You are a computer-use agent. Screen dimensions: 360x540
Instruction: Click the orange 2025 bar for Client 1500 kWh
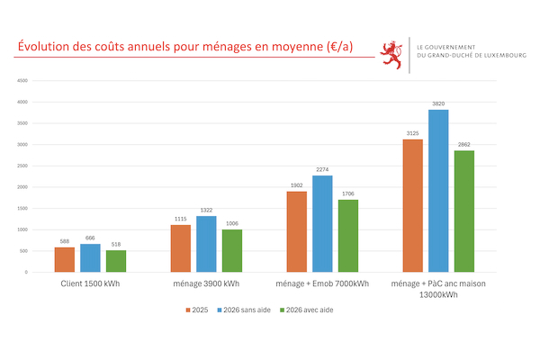point(64,259)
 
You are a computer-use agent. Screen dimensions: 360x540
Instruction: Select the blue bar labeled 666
point(90,257)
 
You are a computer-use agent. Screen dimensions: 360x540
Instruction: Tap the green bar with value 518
point(116,261)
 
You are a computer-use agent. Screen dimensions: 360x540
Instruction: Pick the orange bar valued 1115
point(180,248)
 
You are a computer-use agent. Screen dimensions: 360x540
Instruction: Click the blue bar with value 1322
point(206,244)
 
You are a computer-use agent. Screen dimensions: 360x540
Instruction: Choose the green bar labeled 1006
point(232,250)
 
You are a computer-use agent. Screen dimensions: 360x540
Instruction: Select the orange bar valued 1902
point(296,231)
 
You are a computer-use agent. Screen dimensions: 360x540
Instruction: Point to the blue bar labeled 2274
point(322,223)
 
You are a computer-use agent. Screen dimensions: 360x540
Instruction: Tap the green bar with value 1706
point(348,236)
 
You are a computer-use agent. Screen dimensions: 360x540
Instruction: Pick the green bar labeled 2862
point(464,211)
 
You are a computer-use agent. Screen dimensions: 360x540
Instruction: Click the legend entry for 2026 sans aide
point(249,310)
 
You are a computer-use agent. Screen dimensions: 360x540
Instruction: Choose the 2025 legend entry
point(200,310)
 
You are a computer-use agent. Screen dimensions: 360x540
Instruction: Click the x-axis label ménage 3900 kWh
point(206,284)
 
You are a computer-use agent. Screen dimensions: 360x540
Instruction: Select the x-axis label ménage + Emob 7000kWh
point(322,284)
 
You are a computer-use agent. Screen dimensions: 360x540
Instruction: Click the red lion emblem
point(391,54)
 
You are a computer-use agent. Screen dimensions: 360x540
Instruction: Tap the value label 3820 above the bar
point(438,104)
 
